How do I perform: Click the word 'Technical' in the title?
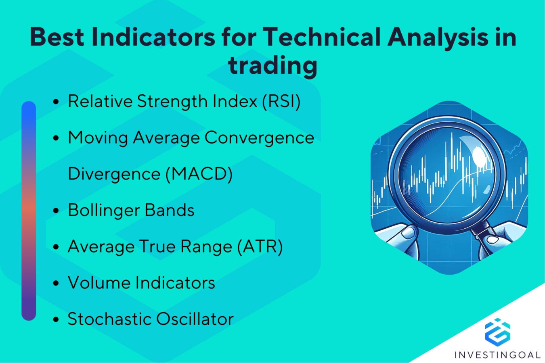click(321, 37)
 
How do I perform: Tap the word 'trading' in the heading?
click(272, 65)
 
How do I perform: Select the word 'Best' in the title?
click(57, 37)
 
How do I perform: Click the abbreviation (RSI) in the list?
click(281, 101)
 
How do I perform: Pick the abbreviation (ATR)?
click(260, 246)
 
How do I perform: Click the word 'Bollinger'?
click(103, 211)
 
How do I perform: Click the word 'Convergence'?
click(259, 138)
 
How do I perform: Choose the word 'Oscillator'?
click(195, 319)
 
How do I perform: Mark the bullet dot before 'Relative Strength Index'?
click(56, 102)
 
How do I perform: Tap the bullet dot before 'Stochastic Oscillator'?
click(56, 320)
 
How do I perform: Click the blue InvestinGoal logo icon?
click(497, 332)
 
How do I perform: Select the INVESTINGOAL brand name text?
click(497, 355)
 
